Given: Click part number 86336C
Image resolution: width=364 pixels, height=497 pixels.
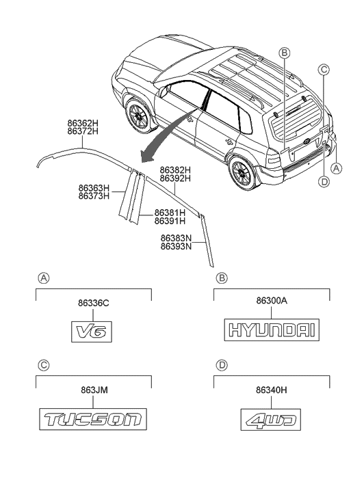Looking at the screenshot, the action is point(93,303).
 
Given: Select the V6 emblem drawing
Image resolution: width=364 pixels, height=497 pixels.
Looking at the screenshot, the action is point(92,332).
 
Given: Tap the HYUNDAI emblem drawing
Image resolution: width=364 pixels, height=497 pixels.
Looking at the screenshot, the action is point(272,330).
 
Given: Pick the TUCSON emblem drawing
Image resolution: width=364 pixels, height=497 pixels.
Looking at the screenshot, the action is point(93,419).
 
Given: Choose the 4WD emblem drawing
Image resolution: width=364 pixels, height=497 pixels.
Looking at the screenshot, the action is point(271,420).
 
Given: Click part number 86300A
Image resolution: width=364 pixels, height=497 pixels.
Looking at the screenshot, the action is point(272,300).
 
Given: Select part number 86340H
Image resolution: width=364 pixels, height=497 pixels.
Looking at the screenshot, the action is point(272,390).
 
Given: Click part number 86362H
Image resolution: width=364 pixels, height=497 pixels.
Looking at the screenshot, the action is point(83,123).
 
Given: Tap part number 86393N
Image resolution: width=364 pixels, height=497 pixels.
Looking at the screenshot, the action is point(176,246).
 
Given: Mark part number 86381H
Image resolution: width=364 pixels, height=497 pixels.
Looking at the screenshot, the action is point(170,213).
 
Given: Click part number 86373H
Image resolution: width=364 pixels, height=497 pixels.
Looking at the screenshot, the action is point(94,196).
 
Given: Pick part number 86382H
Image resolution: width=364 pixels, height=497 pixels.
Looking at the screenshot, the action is point(175,170).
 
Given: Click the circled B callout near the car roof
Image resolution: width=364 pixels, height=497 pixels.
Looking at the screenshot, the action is point(285,53).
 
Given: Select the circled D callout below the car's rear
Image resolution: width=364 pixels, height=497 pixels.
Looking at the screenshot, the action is point(324,182).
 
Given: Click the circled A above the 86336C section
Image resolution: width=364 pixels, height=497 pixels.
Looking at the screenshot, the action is point(44,278).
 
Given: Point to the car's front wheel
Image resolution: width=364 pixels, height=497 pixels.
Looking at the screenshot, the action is point(139,116).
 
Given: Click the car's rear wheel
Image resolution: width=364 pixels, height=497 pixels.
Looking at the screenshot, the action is point(242,172).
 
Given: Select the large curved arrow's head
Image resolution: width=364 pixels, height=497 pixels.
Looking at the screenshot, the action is point(148,155).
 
